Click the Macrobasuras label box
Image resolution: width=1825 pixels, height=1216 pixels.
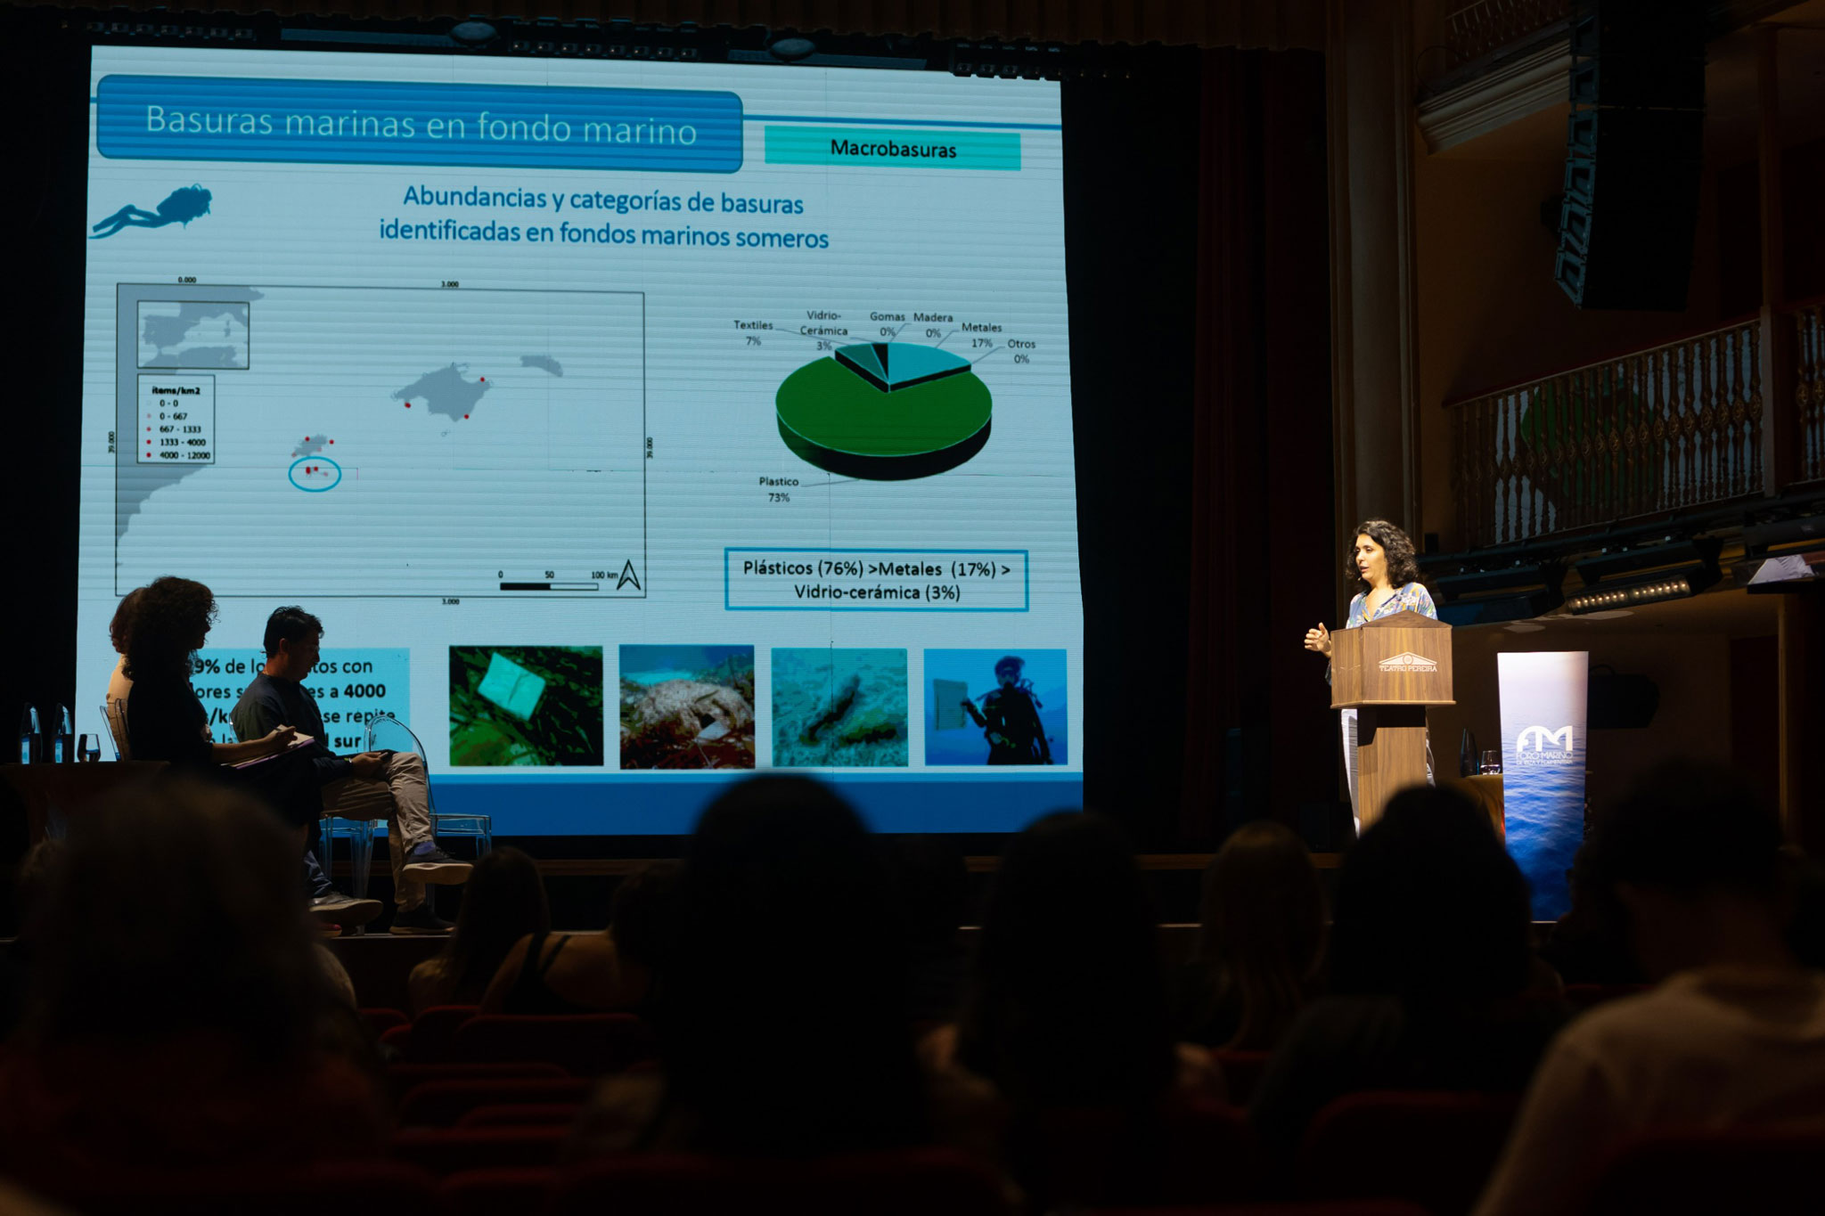tap(892, 149)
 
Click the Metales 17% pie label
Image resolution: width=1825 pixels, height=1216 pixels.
tap(981, 335)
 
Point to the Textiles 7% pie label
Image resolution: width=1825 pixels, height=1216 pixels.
tap(753, 332)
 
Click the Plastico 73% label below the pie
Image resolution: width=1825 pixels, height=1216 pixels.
tap(778, 489)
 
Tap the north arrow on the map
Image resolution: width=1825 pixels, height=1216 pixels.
tap(628, 575)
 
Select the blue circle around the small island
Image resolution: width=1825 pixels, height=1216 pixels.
tap(315, 473)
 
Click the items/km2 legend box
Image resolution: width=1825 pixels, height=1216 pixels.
tap(176, 419)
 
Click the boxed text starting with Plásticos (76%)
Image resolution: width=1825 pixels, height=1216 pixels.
tap(876, 580)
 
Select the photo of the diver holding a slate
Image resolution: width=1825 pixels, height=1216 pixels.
tap(994, 706)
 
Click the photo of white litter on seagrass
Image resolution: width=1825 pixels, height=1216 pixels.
tap(526, 706)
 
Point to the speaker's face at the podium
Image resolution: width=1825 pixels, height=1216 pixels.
tap(1371, 559)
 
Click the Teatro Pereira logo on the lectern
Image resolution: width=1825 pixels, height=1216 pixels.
tap(1407, 664)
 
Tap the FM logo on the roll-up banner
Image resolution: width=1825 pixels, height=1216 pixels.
tap(1543, 739)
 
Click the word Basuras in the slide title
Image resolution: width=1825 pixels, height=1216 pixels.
tap(208, 120)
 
